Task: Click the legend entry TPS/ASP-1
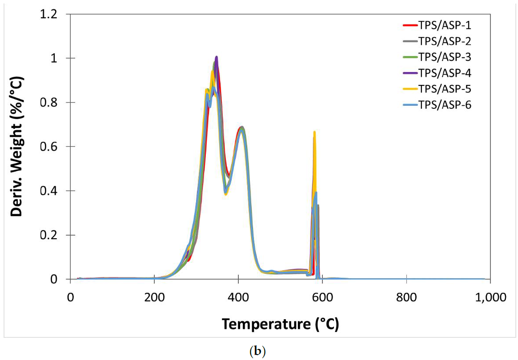click(x=446, y=25)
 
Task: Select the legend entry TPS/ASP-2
click(x=446, y=41)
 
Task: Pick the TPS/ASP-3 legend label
click(x=446, y=57)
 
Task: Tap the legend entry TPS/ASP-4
click(x=446, y=73)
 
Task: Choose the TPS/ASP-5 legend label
click(x=446, y=89)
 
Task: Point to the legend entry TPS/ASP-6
click(x=446, y=105)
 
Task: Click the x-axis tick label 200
click(x=154, y=296)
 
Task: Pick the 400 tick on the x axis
click(x=238, y=296)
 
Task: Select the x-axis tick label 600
click(x=322, y=296)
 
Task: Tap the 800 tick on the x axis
click(x=406, y=296)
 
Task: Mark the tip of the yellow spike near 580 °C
click(x=314, y=132)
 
